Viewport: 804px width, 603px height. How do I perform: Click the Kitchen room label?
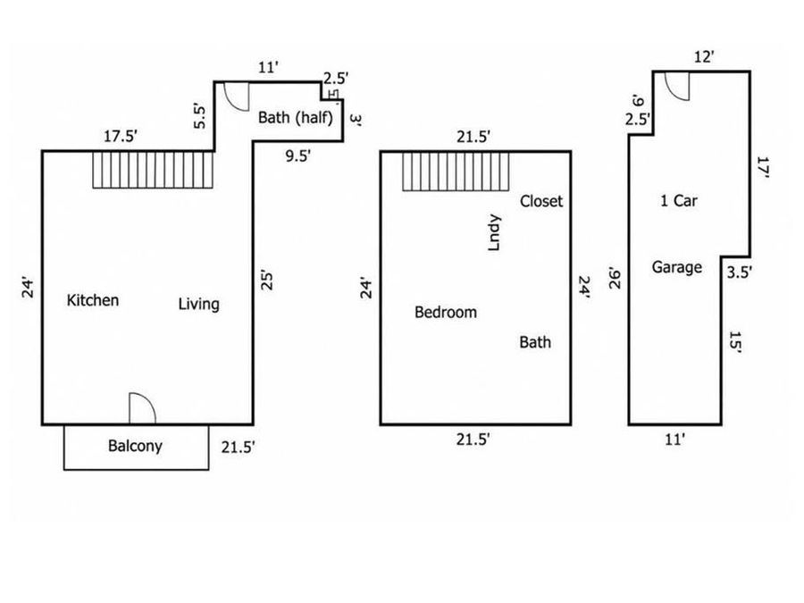tap(93, 300)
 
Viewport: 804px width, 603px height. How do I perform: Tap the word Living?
tap(199, 304)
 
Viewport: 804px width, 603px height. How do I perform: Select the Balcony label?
tap(136, 446)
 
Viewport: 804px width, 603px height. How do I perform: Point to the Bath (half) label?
tap(296, 117)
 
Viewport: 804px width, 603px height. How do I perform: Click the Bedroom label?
tap(446, 313)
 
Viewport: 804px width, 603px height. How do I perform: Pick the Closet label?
tap(541, 201)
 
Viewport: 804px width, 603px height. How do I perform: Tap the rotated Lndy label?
tap(494, 232)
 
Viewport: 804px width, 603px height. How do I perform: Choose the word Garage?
tap(677, 267)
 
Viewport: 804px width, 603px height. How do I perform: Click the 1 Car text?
tap(679, 200)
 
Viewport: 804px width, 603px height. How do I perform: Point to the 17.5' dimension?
tap(121, 137)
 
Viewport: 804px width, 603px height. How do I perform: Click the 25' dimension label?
tap(267, 280)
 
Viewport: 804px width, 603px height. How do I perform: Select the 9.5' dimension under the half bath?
tap(297, 155)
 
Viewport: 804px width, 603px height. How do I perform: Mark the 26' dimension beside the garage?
tap(615, 278)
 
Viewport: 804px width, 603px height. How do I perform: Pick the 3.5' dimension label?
tap(740, 272)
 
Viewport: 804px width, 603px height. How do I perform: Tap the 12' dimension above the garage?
tap(704, 57)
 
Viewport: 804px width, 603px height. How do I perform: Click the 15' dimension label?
tap(735, 341)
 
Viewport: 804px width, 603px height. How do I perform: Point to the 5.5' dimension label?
tap(199, 116)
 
